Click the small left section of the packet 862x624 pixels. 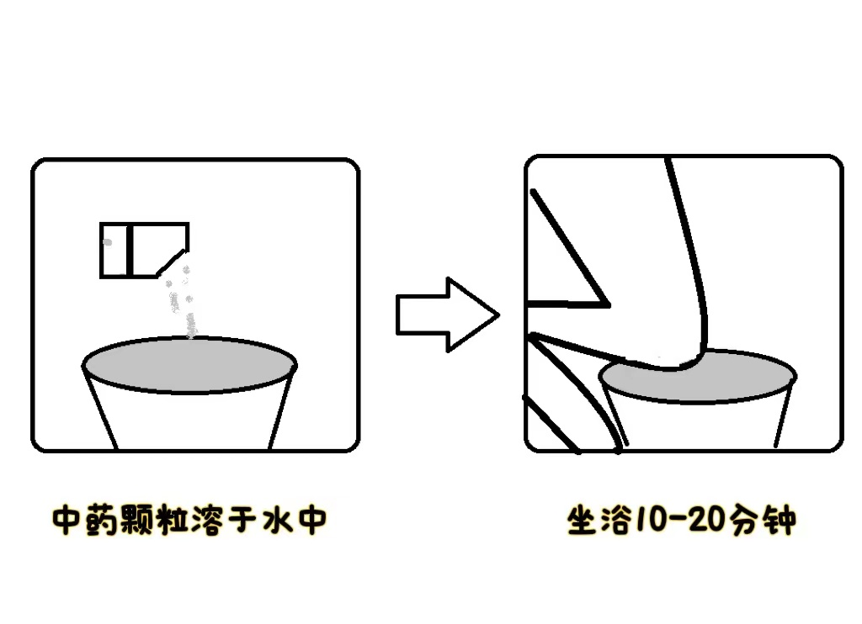(114, 250)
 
